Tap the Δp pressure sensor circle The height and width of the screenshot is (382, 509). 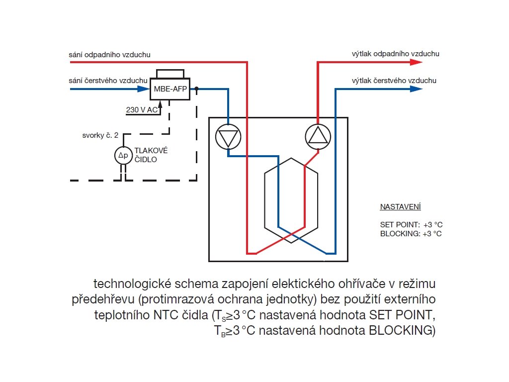[122, 155]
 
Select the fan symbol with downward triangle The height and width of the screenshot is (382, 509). [228, 136]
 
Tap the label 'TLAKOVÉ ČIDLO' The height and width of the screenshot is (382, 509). [152, 155]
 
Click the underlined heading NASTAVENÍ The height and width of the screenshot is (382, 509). [400, 206]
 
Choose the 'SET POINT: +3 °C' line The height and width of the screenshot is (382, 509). [411, 225]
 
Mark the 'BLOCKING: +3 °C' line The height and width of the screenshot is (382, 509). [411, 233]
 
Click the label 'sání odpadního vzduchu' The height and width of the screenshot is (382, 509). [109, 54]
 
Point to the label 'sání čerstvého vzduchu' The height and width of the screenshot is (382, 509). [108, 81]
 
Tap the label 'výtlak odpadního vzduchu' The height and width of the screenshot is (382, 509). [396, 54]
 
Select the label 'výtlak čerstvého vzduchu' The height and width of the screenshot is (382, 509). [394, 81]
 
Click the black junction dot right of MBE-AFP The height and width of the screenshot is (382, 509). [197, 89]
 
